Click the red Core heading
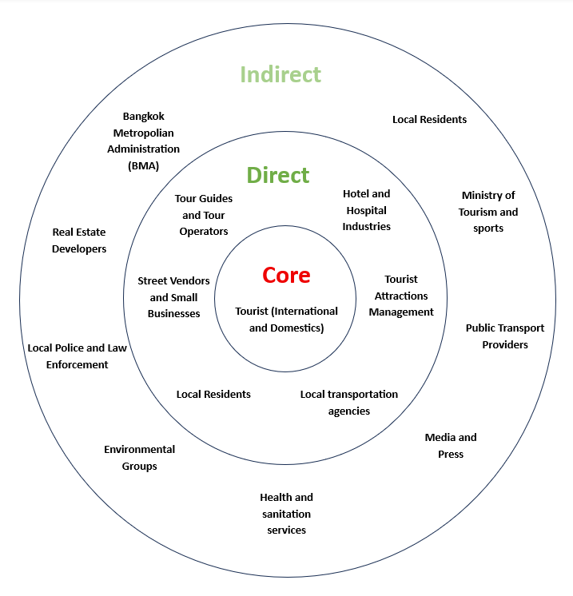tap(286, 276)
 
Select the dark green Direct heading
tap(277, 175)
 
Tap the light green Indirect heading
tap(281, 74)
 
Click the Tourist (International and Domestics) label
tap(286, 319)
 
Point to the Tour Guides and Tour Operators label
tap(204, 215)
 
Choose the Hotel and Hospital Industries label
tap(367, 210)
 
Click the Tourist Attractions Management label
tap(401, 296)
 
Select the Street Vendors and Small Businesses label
tap(173, 297)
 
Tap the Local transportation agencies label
tap(349, 402)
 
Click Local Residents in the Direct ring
tap(213, 394)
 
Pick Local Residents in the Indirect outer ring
tap(429, 119)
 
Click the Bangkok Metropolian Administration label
tap(144, 133)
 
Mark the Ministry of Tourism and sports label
tap(488, 212)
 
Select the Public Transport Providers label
tap(505, 336)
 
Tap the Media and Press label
tap(451, 445)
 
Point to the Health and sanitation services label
tap(286, 513)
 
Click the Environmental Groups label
tap(139, 457)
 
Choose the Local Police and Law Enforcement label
tap(78, 356)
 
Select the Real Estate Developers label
tap(79, 240)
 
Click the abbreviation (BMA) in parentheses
tap(143, 166)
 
